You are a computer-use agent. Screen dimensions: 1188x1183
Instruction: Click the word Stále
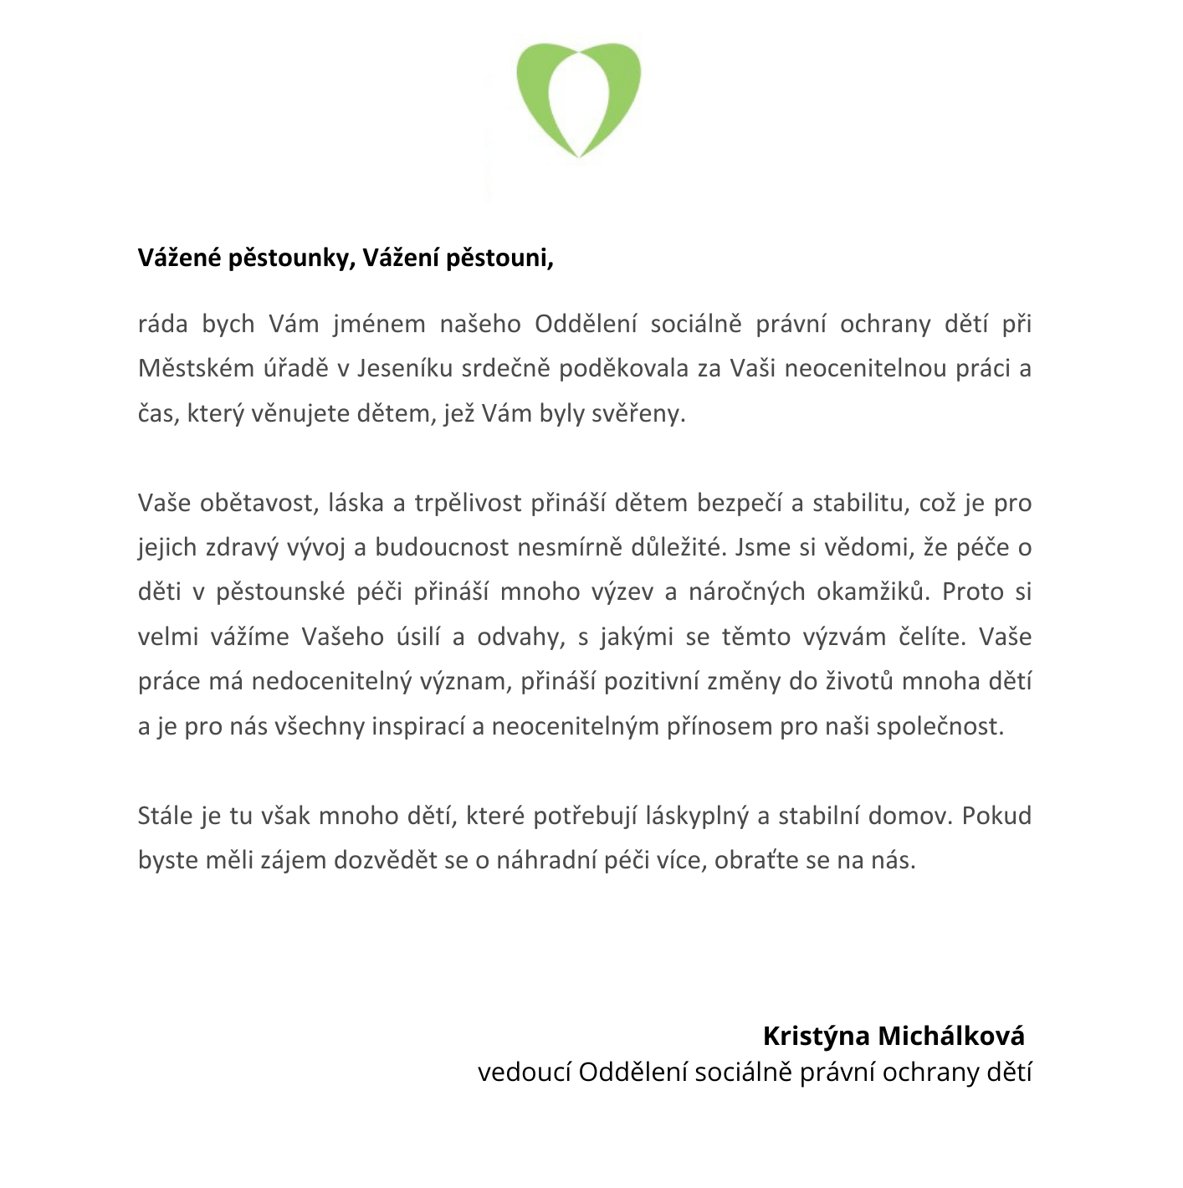click(x=166, y=816)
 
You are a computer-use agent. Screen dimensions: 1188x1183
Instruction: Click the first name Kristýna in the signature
click(x=817, y=1037)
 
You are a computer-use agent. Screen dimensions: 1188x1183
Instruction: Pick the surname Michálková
click(x=951, y=1037)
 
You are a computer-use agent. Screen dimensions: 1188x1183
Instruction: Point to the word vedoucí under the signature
click(x=524, y=1073)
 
